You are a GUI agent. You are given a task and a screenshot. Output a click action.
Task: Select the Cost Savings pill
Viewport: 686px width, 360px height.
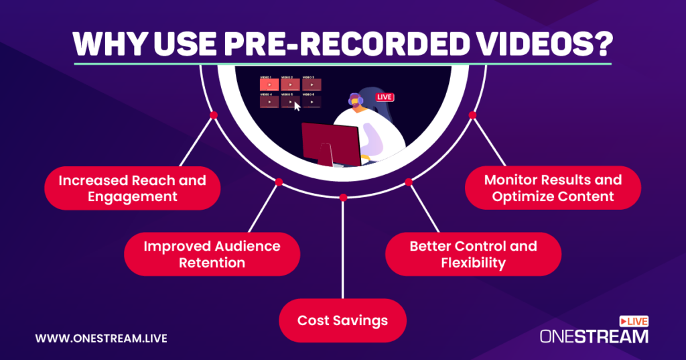point(342,320)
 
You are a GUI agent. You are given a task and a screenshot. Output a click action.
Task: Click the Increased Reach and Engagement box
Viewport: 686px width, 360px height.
point(132,188)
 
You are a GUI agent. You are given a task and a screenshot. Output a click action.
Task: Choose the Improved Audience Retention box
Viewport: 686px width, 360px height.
point(212,253)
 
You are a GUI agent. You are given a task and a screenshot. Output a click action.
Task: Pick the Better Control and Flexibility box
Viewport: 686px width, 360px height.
point(473,253)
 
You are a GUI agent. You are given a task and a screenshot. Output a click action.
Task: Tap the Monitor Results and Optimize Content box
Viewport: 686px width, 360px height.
point(553,188)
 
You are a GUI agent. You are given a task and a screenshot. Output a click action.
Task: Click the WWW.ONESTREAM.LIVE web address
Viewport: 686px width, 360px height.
point(100,338)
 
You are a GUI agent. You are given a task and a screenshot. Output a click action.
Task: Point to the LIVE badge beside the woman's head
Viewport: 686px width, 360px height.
point(385,97)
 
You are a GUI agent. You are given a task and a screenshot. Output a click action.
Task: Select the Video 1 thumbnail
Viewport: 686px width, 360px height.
point(269,85)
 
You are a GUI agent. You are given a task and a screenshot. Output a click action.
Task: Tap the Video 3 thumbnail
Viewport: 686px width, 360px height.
point(312,85)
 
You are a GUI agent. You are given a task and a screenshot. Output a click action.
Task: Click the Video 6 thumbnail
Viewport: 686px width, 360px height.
point(312,103)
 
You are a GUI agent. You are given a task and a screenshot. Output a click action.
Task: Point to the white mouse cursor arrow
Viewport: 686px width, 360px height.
point(297,105)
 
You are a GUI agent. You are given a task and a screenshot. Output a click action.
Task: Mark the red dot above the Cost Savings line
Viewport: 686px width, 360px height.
point(343,197)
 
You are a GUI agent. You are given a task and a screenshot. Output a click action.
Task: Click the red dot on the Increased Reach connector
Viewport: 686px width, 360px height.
point(213,115)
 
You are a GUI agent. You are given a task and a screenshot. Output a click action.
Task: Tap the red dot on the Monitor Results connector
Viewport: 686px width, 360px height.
point(472,115)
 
